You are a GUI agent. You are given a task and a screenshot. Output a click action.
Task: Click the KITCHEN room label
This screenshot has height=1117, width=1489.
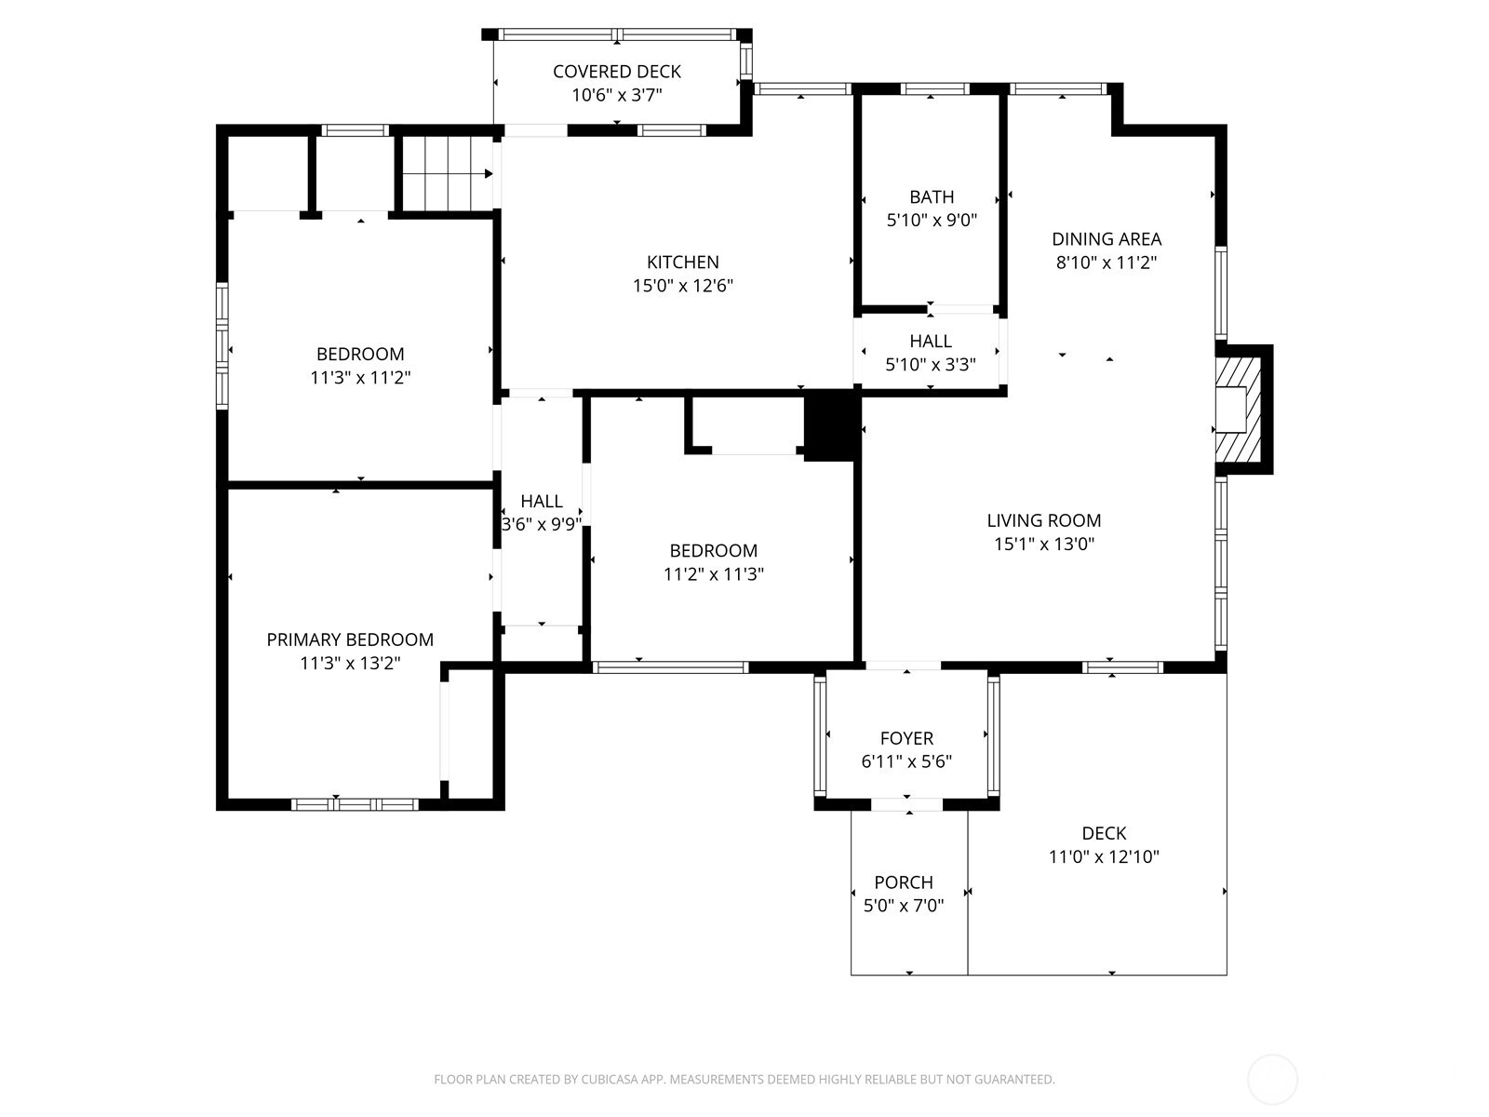(x=682, y=262)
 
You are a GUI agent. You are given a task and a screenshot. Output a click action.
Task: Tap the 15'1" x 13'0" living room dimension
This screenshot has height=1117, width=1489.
(x=1043, y=545)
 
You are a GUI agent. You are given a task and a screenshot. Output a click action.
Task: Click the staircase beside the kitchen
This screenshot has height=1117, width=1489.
(x=445, y=174)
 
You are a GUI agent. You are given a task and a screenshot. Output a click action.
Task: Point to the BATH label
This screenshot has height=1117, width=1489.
(x=932, y=197)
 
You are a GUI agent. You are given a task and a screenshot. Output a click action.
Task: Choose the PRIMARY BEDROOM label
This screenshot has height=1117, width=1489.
(x=350, y=640)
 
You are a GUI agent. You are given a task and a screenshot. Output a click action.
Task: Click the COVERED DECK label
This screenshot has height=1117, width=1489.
(x=616, y=72)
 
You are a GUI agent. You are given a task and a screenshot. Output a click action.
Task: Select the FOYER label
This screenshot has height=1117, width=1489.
(x=906, y=738)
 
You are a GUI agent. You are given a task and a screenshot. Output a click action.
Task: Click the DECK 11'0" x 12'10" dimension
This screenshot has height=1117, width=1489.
(x=1104, y=857)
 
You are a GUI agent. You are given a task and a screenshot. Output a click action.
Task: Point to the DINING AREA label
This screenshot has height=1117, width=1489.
(x=1107, y=239)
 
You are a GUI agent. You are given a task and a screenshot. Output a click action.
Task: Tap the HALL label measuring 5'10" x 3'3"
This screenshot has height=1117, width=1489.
(x=931, y=342)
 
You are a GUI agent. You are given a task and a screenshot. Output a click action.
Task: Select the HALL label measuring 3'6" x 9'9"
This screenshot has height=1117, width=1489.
(x=541, y=502)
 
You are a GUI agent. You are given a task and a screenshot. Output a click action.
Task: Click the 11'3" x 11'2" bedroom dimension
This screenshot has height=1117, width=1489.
(x=360, y=378)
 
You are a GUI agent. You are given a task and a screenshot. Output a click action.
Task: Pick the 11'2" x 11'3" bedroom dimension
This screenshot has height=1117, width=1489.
(x=713, y=574)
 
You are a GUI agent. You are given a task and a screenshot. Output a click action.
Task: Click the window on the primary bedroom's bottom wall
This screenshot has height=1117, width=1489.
(x=355, y=804)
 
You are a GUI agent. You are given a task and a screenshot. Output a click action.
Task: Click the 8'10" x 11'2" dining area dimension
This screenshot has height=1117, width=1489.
(x=1106, y=263)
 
